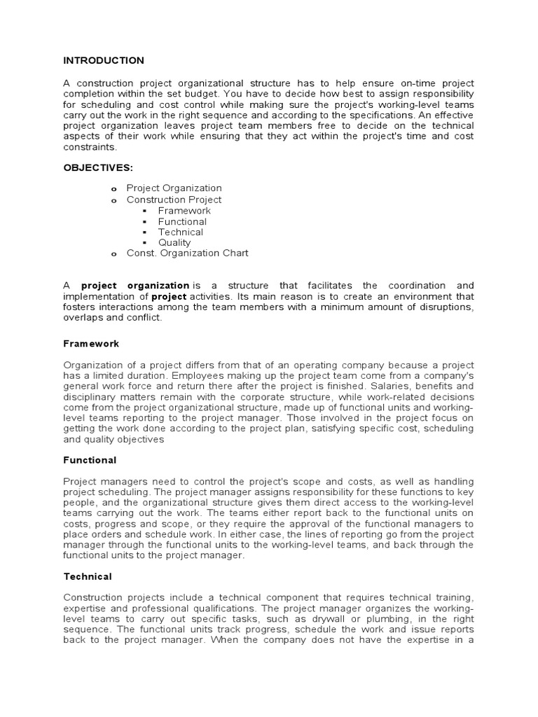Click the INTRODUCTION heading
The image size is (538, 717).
104,61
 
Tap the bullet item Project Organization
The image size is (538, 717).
174,188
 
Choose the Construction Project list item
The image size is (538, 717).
174,200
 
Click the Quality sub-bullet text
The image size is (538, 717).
174,242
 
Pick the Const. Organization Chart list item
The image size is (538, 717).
187,253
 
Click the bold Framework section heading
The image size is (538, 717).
91,344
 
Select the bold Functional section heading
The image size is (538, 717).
90,460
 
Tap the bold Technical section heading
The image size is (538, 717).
88,576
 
